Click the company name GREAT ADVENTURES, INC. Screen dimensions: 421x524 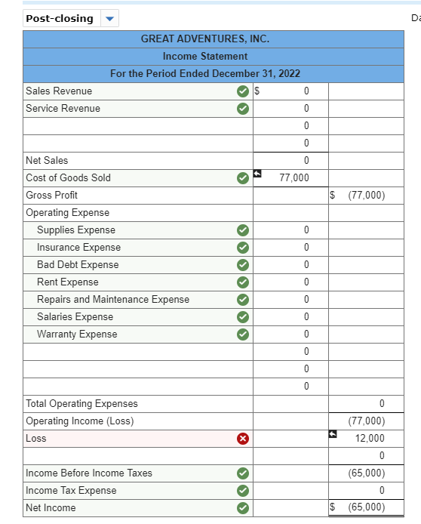(204, 39)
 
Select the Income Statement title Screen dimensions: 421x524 (204, 56)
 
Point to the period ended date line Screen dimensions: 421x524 (204, 73)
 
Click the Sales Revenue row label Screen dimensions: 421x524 (59, 91)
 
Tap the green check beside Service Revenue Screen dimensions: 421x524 (241, 109)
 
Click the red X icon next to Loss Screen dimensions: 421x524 (241, 439)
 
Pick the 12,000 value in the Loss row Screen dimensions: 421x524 (370, 439)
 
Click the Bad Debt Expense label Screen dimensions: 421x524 (78, 265)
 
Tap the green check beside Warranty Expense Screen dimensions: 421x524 (241, 334)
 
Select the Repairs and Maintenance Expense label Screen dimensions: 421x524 (113, 300)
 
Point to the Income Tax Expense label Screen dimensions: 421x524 (71, 491)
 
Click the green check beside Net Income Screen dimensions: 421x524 (241, 508)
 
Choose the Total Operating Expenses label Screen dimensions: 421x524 (81, 404)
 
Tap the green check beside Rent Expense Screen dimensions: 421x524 (241, 282)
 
